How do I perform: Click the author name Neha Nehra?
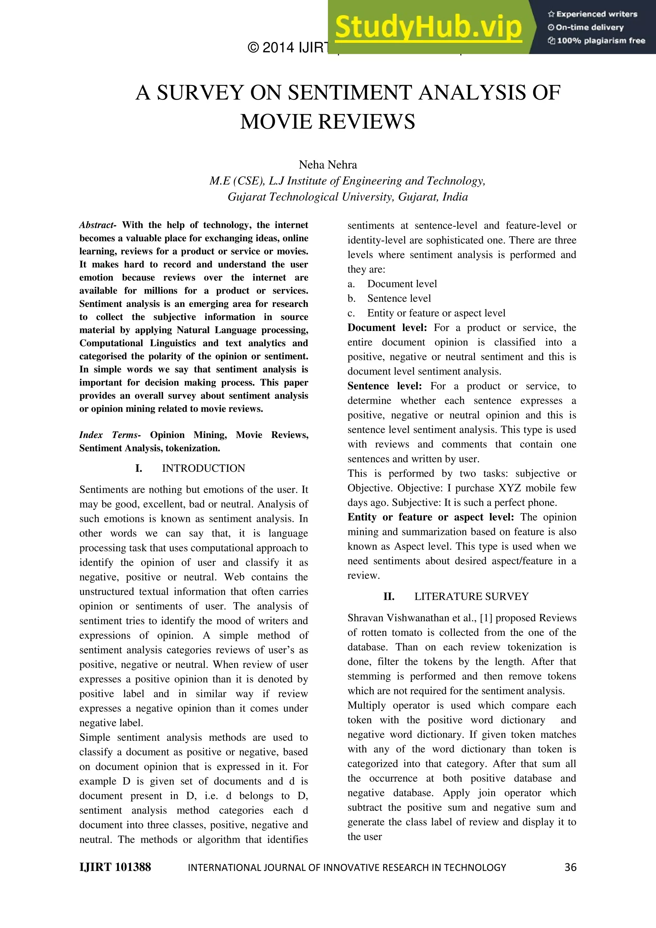(x=328, y=165)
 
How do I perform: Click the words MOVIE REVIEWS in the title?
(x=328, y=122)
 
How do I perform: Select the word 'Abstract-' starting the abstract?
(x=98, y=225)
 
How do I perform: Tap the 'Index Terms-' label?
(x=110, y=435)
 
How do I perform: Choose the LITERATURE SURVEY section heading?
(x=471, y=597)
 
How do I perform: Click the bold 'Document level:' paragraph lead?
(x=387, y=327)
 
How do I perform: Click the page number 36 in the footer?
(x=570, y=867)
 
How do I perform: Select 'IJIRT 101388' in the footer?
(x=115, y=867)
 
